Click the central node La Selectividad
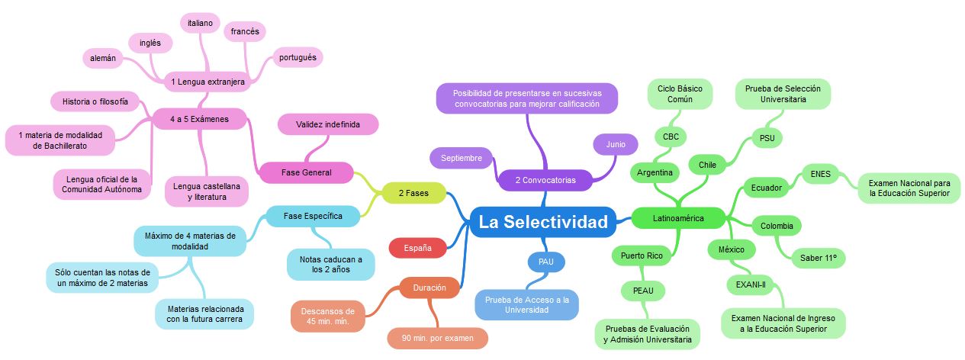[x=543, y=222]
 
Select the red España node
[x=418, y=248]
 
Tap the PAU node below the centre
[x=546, y=262]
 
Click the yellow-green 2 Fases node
[x=413, y=194]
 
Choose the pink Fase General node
[x=307, y=172]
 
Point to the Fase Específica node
[x=313, y=217]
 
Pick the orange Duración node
[x=429, y=288]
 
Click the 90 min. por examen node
[x=437, y=338]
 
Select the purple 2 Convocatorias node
[x=545, y=180]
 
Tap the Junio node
[x=616, y=144]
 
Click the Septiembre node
[x=462, y=158]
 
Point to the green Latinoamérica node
[x=678, y=218]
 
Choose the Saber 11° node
[x=819, y=259]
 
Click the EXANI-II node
[x=751, y=284]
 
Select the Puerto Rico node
[x=642, y=256]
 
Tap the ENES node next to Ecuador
[x=821, y=173]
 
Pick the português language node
[x=297, y=57]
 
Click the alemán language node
[x=103, y=57]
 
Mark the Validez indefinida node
[x=327, y=124]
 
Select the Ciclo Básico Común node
[x=680, y=94]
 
